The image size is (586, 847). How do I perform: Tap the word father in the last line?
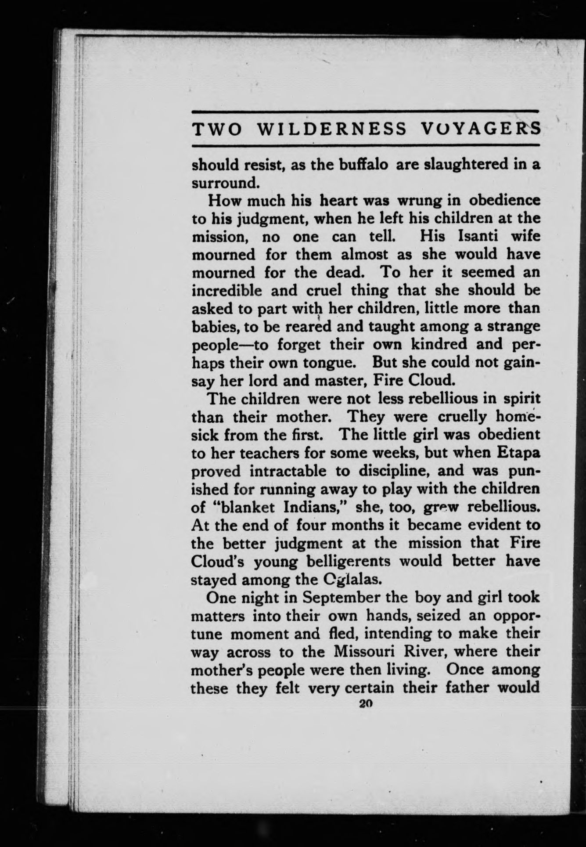pyautogui.click(x=466, y=688)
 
